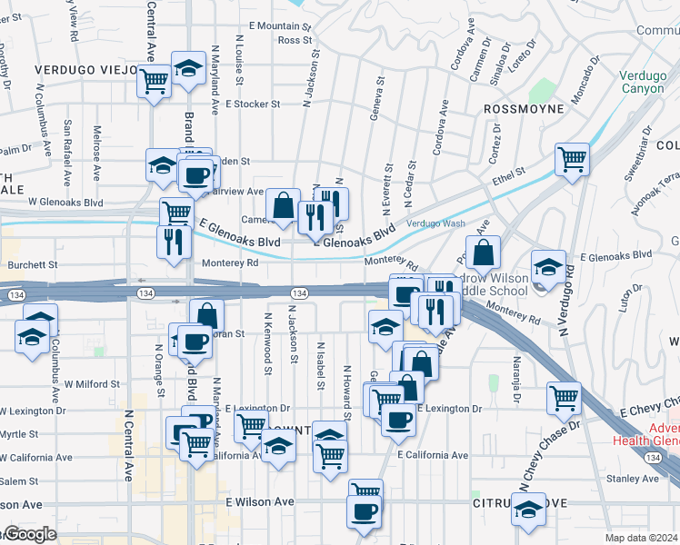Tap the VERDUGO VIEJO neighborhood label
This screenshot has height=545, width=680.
[x=81, y=69]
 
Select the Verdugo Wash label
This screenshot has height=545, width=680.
[x=435, y=223]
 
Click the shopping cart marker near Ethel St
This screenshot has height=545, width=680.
[x=573, y=161]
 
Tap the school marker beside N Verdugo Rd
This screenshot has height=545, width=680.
[x=548, y=267]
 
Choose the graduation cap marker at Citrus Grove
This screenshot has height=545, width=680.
[x=528, y=510]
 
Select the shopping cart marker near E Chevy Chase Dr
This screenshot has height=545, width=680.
[x=564, y=398]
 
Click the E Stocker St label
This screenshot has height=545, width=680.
[x=253, y=104]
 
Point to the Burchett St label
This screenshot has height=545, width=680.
[x=33, y=265]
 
